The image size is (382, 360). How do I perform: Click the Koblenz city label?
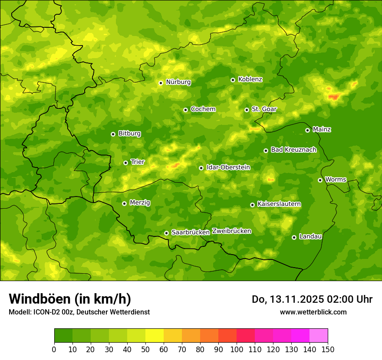(x=250, y=79)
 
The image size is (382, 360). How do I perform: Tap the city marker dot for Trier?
(x=125, y=163)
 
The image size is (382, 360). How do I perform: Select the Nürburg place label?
(x=178, y=82)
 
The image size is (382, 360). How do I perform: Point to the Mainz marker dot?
(x=307, y=130)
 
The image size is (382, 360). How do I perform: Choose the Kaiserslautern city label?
(x=279, y=204)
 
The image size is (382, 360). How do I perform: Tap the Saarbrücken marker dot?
(x=166, y=233)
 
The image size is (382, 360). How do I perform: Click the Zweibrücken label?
(x=231, y=231)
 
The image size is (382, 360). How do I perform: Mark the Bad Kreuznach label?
(x=293, y=150)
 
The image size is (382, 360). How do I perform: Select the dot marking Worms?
(x=320, y=180)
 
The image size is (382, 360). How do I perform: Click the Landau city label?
(x=310, y=236)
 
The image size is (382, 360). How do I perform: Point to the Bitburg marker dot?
(x=113, y=134)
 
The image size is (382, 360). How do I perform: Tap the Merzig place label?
(x=140, y=203)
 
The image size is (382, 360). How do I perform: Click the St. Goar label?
(x=264, y=109)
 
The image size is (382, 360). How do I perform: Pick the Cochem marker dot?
(x=185, y=110)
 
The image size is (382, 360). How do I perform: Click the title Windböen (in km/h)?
(x=69, y=299)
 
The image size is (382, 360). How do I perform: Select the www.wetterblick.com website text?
(x=313, y=312)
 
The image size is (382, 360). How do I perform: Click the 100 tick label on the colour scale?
(x=237, y=349)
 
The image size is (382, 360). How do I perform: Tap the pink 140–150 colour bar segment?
(x=319, y=336)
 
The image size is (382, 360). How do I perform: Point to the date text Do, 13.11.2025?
(x=288, y=299)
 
